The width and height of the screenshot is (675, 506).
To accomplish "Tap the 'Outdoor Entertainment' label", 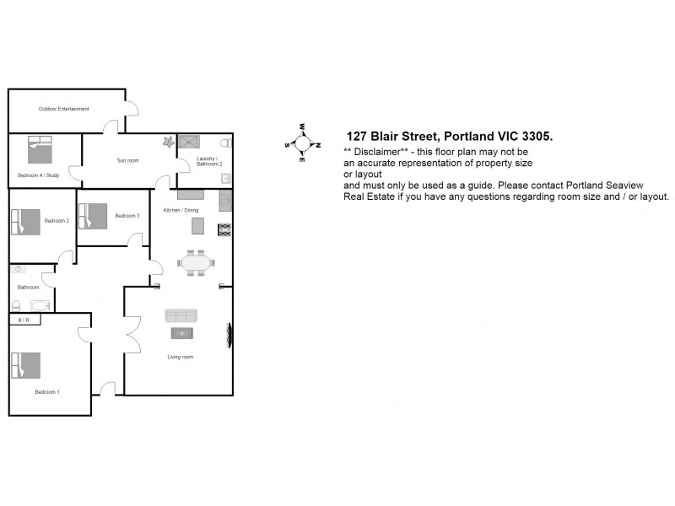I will pos(64,109).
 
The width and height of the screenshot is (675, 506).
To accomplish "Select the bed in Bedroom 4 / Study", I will pos(40,149).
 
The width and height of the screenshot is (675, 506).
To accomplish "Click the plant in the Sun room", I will pos(168,142).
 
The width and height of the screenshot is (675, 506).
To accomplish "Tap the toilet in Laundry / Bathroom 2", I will pos(225,143).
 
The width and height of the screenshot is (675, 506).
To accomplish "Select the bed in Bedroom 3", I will pos(93,216).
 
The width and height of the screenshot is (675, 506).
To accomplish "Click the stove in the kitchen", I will pos(224,229).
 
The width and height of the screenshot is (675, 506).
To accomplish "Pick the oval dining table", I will pos(197,263).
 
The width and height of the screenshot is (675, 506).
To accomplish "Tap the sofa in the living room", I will pos(181,315).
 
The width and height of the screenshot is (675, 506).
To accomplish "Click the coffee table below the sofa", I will pos(183,333).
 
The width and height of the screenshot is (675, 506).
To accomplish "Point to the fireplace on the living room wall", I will pos(228,335).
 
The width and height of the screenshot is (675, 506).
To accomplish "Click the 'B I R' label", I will pos(24,320).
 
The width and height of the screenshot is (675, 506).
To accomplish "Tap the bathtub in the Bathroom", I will pos(39,304).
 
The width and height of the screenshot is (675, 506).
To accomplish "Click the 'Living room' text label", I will pos(181,357).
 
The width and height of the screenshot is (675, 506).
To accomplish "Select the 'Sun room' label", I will pos(127,160).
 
